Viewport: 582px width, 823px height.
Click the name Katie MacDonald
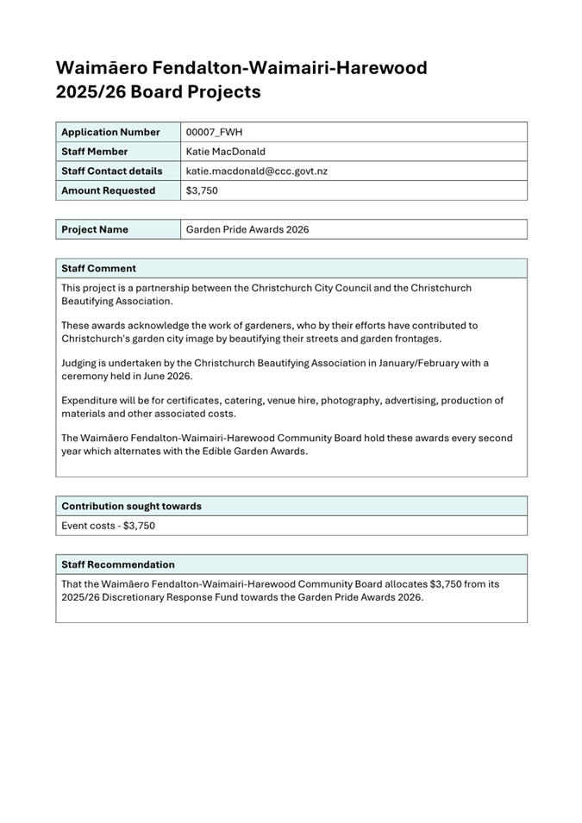pos(226,152)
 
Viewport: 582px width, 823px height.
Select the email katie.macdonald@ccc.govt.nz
pos(256,171)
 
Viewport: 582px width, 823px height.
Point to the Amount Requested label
pos(108,190)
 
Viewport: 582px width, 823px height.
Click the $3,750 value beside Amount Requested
pos(202,190)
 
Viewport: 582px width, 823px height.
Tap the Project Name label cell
pos(95,229)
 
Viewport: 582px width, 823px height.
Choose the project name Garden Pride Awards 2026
pos(247,229)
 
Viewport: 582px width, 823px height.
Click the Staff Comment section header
pos(98,268)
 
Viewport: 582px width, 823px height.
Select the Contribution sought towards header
pos(131,506)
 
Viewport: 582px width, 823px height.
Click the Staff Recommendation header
pos(117,564)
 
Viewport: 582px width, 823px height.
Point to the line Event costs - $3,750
pos(108,525)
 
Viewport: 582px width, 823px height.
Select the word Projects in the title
pos(225,91)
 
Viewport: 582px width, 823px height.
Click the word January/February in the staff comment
pos(400,363)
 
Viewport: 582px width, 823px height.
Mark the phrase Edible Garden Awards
pos(256,451)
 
